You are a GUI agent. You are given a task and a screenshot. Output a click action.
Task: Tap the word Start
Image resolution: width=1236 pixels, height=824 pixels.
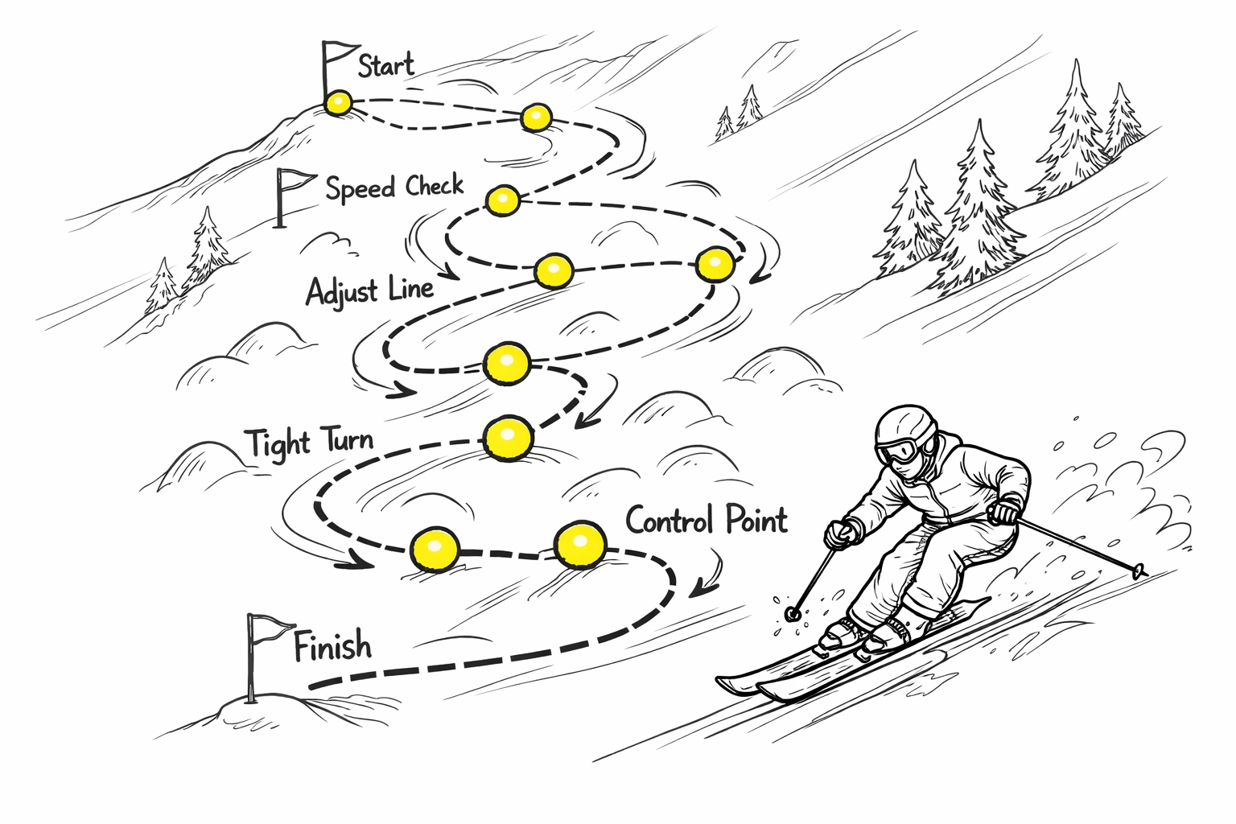coord(386,65)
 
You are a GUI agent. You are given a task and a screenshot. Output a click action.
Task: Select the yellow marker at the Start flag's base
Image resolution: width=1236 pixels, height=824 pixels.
coord(338,103)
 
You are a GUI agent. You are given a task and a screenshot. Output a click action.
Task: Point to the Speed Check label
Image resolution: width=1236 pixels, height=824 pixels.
coord(394,187)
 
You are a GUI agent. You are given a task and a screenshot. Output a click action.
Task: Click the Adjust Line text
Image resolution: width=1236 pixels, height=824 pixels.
coord(369,290)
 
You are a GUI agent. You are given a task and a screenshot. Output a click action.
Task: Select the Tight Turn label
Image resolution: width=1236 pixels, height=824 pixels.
coord(309,442)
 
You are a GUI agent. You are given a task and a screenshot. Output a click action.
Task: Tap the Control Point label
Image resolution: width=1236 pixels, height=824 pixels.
coord(706,520)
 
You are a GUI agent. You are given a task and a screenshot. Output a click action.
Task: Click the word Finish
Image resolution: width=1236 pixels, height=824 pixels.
coord(332,647)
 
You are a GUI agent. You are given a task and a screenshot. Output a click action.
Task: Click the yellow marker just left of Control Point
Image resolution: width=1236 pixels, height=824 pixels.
coord(579,545)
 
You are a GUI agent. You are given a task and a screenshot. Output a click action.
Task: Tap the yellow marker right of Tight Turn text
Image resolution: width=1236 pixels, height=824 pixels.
coord(507,439)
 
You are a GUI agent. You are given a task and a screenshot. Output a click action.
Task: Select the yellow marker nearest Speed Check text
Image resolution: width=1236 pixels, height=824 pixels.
coord(504,200)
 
